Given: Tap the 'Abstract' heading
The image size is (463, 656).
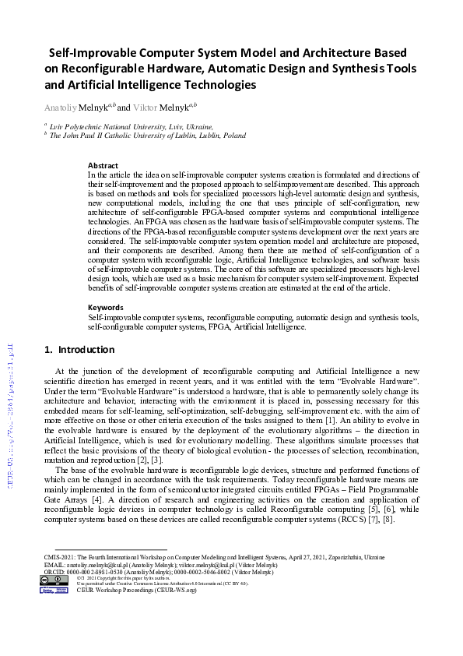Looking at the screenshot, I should click(x=103, y=165).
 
